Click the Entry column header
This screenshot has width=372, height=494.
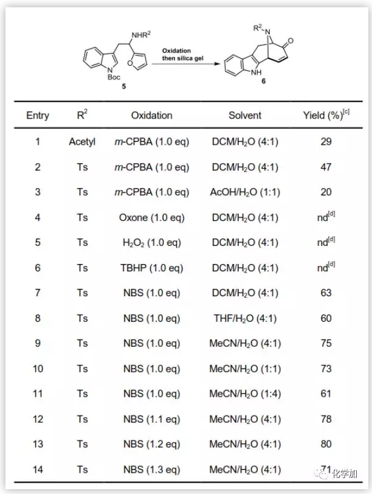pos(38,115)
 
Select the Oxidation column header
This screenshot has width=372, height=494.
pos(151,115)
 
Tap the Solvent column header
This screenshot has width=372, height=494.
pos(245,115)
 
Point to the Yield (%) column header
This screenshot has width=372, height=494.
pos(325,115)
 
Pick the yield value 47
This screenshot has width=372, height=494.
pos(326,167)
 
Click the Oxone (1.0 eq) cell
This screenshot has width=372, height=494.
pos(151,217)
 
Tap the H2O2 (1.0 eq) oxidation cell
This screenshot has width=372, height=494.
pos(151,243)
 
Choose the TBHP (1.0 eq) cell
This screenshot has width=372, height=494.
pos(151,268)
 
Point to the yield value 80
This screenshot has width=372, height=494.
pos(326,444)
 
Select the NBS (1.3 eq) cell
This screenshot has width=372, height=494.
pos(151,469)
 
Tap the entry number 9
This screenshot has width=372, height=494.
pos(38,343)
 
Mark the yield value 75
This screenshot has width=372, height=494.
pos(326,343)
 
